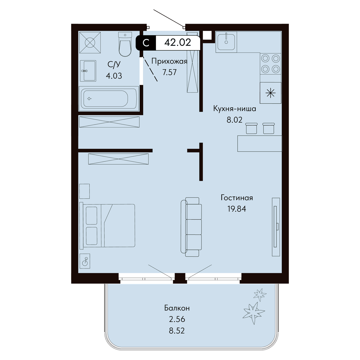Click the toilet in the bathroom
(x=125, y=44)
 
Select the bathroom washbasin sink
(x=88, y=71)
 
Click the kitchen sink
(x=226, y=42)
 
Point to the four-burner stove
(x=270, y=64)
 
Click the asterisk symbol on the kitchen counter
(x=271, y=93)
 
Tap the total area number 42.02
(x=178, y=43)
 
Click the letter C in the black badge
(x=146, y=43)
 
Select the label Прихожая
(x=169, y=61)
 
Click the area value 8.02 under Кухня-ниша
(x=235, y=120)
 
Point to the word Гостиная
(x=237, y=198)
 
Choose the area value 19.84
(x=237, y=209)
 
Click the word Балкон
(x=177, y=308)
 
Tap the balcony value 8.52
(x=177, y=331)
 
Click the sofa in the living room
(x=191, y=227)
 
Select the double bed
(x=107, y=226)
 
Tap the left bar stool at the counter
(x=251, y=128)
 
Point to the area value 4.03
(x=114, y=76)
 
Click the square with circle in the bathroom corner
(x=90, y=43)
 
